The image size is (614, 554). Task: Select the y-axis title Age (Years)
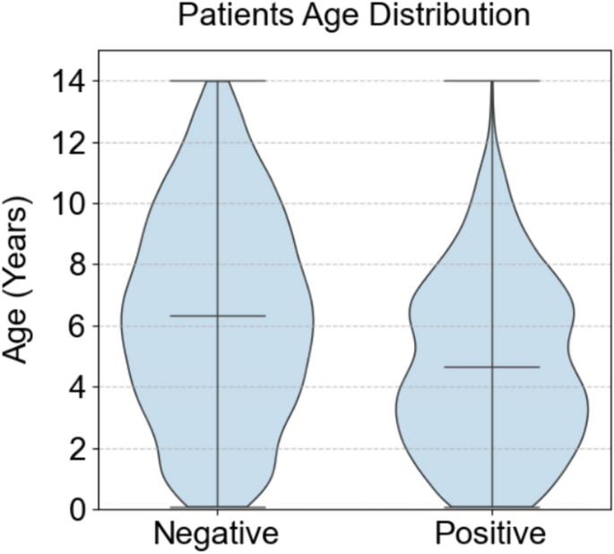point(17,281)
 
